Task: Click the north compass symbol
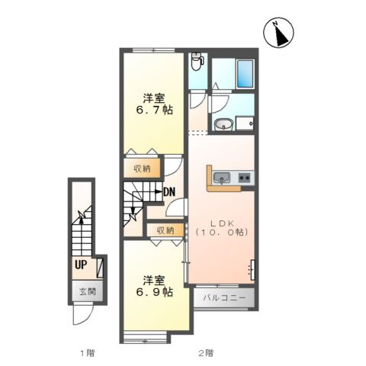(x=278, y=33)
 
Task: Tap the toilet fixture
(x=197, y=61)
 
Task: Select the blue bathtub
(x=245, y=73)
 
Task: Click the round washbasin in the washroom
(x=223, y=125)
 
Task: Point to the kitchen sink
(x=222, y=177)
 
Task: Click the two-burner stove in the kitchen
(x=245, y=177)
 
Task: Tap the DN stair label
(x=169, y=192)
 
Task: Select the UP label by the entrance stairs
(x=81, y=265)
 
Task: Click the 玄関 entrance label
(x=88, y=291)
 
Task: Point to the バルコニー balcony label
(x=224, y=297)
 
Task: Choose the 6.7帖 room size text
(x=154, y=110)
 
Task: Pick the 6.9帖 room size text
(x=154, y=292)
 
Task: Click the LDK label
(x=222, y=223)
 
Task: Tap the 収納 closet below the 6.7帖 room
(x=142, y=169)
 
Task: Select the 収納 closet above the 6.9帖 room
(x=165, y=230)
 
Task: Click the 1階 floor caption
(x=88, y=353)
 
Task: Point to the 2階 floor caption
(x=206, y=353)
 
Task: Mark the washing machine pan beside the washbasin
(x=245, y=124)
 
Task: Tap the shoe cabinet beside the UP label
(x=100, y=268)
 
